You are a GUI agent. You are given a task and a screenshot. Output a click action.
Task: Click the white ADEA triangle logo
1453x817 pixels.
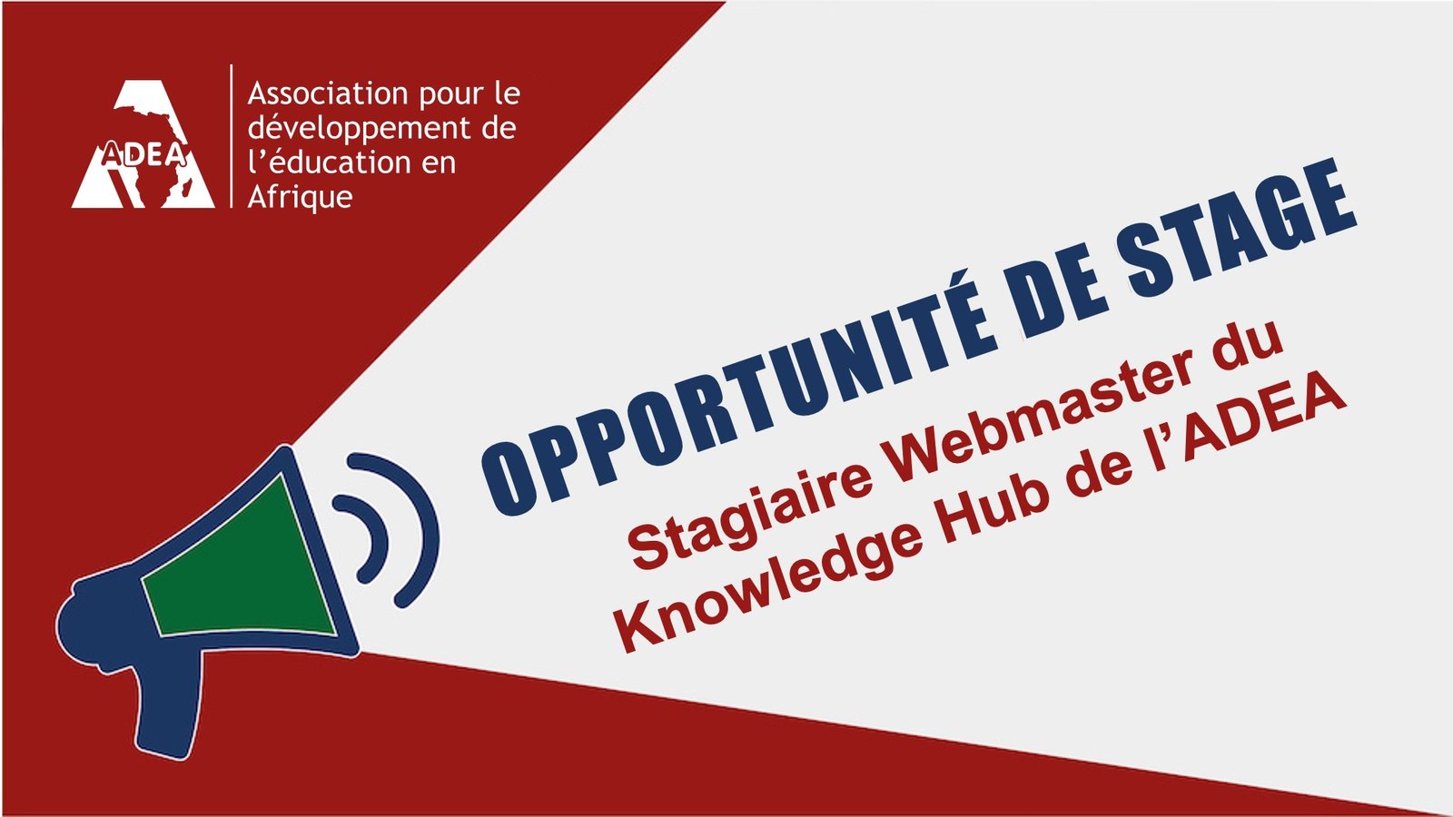click(x=143, y=144)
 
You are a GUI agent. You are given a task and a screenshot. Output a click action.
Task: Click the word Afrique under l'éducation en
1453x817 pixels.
click(x=300, y=197)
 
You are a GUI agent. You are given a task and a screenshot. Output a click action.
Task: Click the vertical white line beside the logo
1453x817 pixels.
click(x=232, y=136)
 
